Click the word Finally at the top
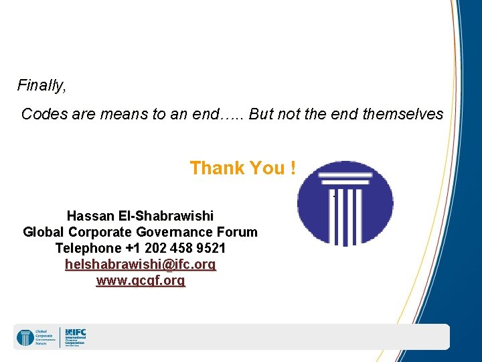click(x=41, y=86)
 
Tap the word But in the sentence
click(x=262, y=114)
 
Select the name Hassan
click(x=91, y=217)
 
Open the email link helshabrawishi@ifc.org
click(x=141, y=265)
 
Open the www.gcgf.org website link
click(x=141, y=281)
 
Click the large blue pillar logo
click(x=345, y=203)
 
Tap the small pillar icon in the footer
click(x=25, y=337)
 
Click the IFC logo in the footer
click(x=75, y=336)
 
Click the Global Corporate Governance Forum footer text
click(x=46, y=337)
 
